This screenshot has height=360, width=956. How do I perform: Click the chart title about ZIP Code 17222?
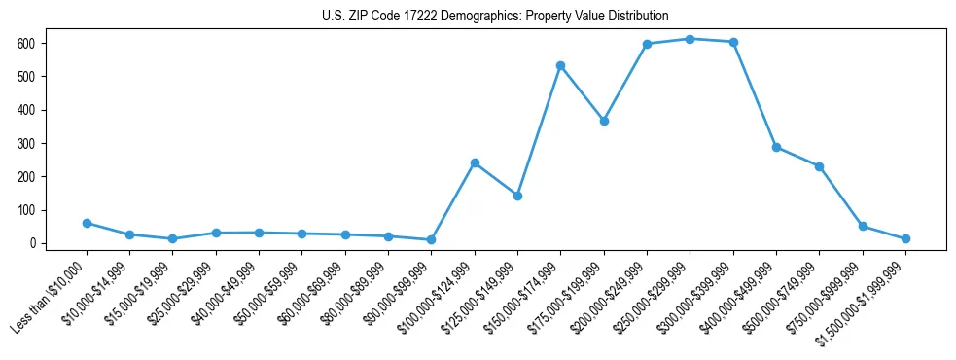tap(495, 17)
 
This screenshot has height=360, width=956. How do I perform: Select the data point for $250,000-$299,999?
tap(690, 39)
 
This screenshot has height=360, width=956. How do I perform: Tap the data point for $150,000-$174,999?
tap(560, 65)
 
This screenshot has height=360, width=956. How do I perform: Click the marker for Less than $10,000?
tap(87, 223)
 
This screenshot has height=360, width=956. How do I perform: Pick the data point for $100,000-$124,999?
tap(475, 162)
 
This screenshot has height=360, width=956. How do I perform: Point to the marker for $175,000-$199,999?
tap(604, 121)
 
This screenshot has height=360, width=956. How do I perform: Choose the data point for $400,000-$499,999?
tap(776, 147)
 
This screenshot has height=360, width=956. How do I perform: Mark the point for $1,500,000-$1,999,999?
tap(905, 238)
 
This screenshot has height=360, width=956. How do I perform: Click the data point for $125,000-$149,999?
tap(517, 196)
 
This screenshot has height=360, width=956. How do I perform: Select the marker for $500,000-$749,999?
tap(819, 166)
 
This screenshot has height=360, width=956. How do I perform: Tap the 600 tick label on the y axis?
tap(26, 44)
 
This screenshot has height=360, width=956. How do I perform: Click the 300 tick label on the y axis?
tap(26, 144)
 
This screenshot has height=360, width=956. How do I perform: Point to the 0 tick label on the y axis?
tap(32, 243)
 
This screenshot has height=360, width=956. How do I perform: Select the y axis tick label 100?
tap(26, 210)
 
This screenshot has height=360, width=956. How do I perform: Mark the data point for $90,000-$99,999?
tap(431, 239)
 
